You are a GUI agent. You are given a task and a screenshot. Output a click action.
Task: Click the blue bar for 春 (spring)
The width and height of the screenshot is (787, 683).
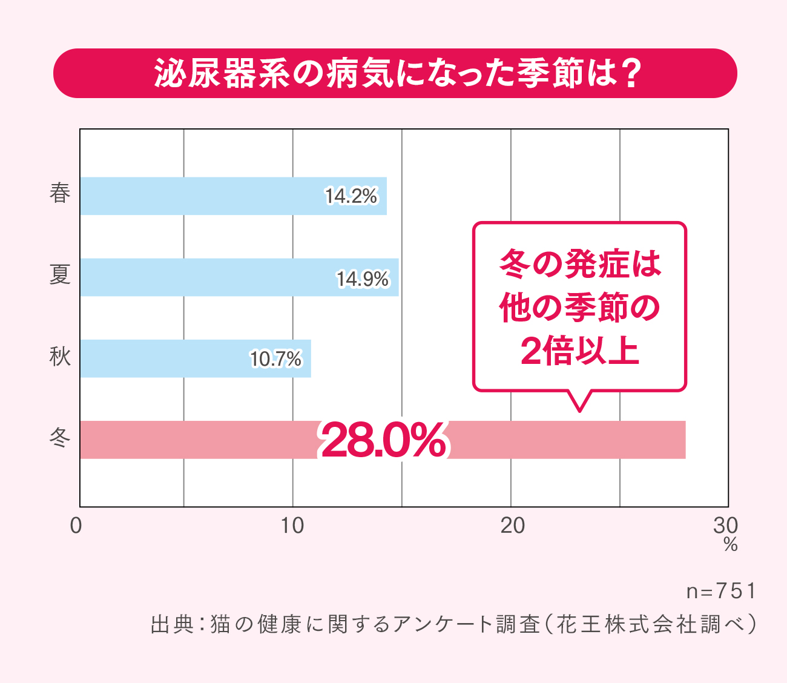(x=200, y=196)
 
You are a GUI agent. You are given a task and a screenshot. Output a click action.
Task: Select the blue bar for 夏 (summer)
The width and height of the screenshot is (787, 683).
(x=206, y=277)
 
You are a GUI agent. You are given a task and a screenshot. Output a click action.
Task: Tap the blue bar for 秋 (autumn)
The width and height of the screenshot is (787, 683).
(x=163, y=358)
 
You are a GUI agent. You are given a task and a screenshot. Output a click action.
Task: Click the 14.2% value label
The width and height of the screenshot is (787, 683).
(x=351, y=196)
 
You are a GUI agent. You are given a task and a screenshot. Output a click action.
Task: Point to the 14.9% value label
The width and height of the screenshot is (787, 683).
(x=363, y=279)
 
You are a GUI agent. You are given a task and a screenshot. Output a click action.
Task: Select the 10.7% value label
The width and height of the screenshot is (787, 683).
(x=275, y=359)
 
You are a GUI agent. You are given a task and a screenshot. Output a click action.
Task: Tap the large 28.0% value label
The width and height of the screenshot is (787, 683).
(x=383, y=441)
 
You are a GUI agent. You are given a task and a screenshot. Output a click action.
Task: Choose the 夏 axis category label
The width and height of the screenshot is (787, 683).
(x=60, y=276)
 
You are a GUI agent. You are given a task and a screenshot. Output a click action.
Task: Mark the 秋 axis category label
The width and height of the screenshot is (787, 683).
(x=60, y=357)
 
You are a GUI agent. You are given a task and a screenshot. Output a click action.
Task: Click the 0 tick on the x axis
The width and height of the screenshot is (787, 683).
(x=76, y=526)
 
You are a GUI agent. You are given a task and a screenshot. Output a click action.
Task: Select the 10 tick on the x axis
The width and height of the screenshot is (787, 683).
(x=292, y=526)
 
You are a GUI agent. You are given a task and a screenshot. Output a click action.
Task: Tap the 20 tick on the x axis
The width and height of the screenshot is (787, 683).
(x=512, y=526)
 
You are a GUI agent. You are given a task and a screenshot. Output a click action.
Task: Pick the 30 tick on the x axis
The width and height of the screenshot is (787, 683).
(x=726, y=526)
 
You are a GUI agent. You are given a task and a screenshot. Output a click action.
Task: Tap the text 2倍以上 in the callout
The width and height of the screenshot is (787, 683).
(x=579, y=351)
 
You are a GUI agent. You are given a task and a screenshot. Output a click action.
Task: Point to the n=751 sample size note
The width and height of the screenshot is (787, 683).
(x=720, y=591)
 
